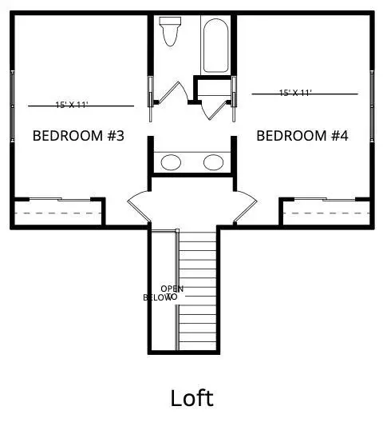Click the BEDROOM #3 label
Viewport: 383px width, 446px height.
pyautogui.click(x=78, y=136)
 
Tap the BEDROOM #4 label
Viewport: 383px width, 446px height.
pyautogui.click(x=302, y=136)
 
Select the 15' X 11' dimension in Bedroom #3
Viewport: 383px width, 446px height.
pyautogui.click(x=71, y=105)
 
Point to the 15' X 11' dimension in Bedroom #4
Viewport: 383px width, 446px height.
pyautogui.click(x=295, y=93)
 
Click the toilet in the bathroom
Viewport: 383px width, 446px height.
pyautogui.click(x=169, y=31)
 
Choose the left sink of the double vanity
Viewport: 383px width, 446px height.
pyautogui.click(x=171, y=162)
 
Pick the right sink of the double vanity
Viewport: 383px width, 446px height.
pyautogui.click(x=213, y=162)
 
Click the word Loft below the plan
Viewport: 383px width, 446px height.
pyautogui.click(x=191, y=397)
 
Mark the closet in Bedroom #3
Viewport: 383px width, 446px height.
pyautogui.click(x=57, y=213)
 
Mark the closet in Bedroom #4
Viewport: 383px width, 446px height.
pyautogui.click(x=326, y=213)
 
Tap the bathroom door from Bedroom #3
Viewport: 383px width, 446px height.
pyautogui.click(x=160, y=94)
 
